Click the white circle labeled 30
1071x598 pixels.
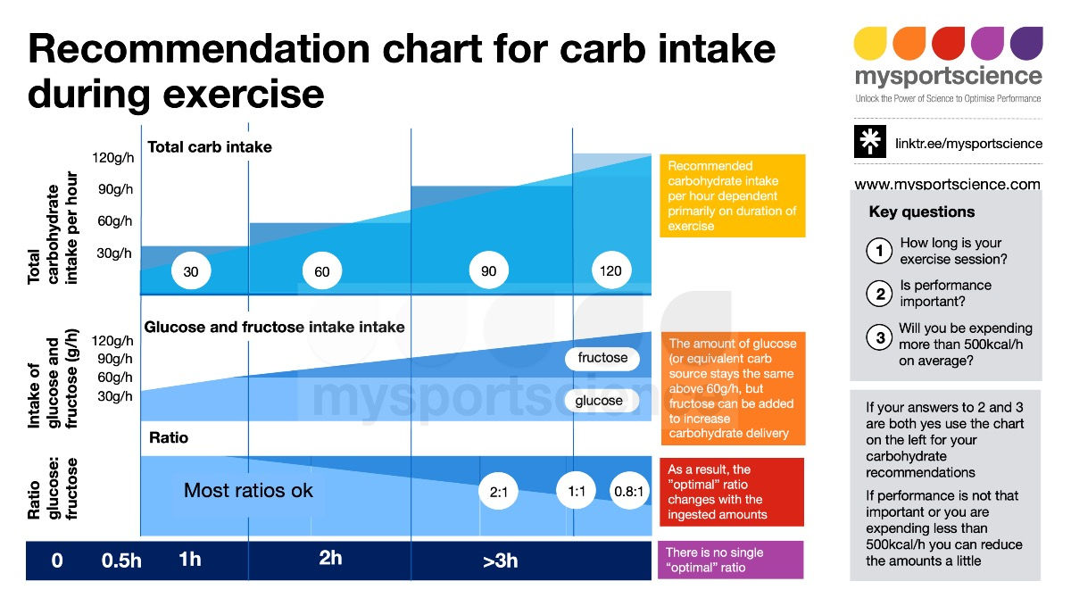point(190,271)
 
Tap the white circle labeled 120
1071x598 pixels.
point(610,270)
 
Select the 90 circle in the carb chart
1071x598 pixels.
point(488,270)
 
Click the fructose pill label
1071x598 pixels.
point(602,358)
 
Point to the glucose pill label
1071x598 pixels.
point(599,401)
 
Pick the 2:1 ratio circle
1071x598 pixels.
point(499,492)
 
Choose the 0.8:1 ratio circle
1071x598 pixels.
point(628,492)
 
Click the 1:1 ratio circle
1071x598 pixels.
point(576,492)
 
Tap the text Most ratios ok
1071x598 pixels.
point(248,490)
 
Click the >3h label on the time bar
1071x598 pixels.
point(500,561)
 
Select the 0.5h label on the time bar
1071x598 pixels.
point(121,561)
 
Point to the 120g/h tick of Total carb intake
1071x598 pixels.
point(112,158)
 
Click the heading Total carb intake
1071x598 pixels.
point(210,146)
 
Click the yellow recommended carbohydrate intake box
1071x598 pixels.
point(732,195)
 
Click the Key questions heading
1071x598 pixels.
point(921,212)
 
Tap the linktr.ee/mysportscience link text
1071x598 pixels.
point(968,143)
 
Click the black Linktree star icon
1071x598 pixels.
point(870,143)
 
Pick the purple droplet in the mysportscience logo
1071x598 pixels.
point(1026,43)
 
